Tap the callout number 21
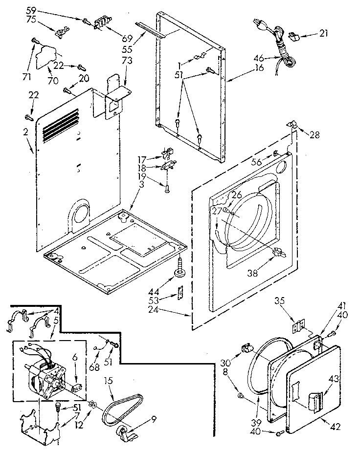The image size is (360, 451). pos(323,33)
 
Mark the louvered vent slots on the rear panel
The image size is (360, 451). pos(60,126)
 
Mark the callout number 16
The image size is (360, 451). pos(259,68)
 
